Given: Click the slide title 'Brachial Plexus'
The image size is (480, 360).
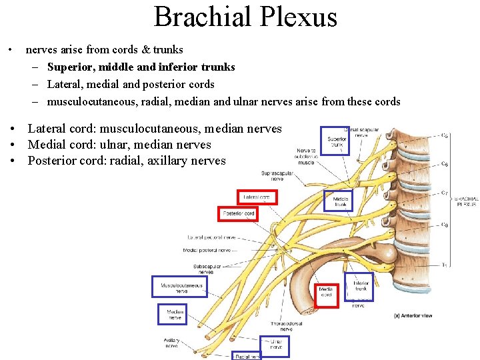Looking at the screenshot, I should (x=245, y=17).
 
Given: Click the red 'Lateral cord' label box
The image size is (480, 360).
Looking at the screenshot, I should (x=257, y=197).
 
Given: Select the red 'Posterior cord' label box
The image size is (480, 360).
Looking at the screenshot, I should (x=239, y=213).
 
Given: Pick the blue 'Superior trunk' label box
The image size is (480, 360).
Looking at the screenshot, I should (x=336, y=141).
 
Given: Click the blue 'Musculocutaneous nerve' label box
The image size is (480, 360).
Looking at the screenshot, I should (x=180, y=287).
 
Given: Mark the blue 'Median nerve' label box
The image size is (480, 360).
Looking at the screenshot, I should (x=172, y=314).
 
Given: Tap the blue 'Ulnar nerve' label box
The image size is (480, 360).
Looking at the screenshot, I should (x=275, y=344).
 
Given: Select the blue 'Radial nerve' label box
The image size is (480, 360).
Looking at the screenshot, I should (x=247, y=356).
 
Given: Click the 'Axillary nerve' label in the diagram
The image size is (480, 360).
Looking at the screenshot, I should (x=172, y=343).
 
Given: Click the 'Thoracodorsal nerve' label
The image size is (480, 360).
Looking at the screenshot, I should (x=286, y=326).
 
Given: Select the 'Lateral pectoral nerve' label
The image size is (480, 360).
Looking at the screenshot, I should (x=212, y=237).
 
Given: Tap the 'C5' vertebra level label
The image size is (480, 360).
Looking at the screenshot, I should (x=444, y=135).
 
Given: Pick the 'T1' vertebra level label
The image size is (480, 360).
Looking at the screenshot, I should (x=444, y=265).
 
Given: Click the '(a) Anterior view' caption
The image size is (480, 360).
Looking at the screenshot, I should (x=413, y=315).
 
